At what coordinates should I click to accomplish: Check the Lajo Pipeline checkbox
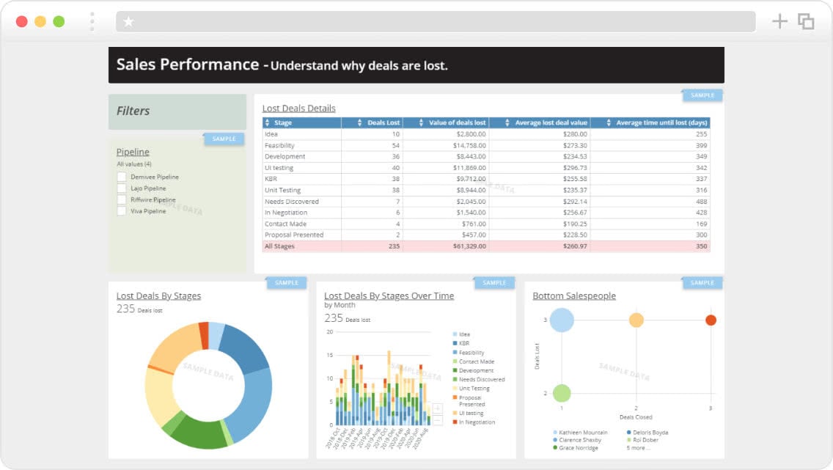point(121,188)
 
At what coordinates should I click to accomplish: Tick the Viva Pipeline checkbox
point(121,211)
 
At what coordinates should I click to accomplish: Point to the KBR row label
point(271,179)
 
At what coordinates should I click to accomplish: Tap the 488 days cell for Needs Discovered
point(701,202)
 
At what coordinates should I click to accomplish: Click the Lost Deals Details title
point(298,109)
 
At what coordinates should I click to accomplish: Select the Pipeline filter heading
point(133,152)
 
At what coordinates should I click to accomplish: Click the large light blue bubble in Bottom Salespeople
point(562,320)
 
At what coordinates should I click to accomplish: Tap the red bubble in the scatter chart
point(710,320)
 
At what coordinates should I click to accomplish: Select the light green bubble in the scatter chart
point(562,393)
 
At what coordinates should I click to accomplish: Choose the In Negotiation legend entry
point(477,422)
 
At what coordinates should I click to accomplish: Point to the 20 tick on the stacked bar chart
point(329,332)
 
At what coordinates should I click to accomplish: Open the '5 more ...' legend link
point(638,448)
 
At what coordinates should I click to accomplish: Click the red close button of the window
point(22,21)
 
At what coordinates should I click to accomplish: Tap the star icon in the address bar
point(129,22)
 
